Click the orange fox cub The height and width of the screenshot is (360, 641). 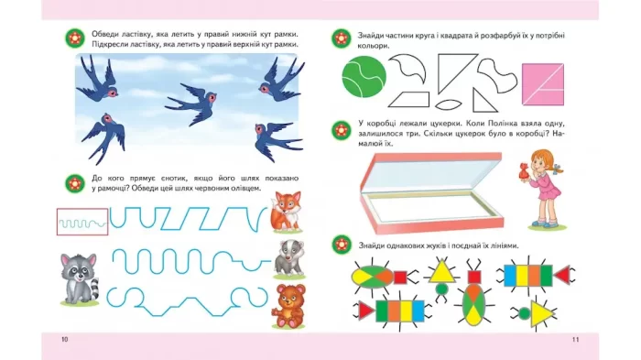[287, 211]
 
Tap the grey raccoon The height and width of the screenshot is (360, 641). [80, 278]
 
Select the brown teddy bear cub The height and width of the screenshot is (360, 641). [288, 306]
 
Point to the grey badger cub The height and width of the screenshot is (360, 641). [289, 258]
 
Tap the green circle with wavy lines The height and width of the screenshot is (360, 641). [364, 77]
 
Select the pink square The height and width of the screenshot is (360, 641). [543, 84]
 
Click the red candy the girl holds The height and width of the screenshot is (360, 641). [524, 171]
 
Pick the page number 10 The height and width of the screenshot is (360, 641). [65, 340]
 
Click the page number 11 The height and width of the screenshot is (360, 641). [576, 340]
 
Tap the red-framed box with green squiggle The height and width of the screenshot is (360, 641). [82, 222]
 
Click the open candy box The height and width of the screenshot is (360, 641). [431, 192]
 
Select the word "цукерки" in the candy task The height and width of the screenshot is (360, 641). [451, 123]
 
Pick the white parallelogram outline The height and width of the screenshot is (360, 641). [408, 100]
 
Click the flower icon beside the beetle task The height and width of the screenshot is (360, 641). [342, 245]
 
